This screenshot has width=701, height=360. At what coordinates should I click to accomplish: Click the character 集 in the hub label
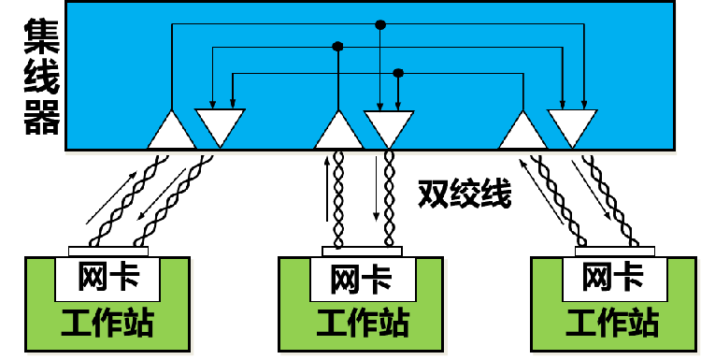(42, 37)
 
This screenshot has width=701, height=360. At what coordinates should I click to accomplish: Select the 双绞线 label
(465, 195)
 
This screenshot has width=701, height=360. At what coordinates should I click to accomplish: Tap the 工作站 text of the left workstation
(107, 324)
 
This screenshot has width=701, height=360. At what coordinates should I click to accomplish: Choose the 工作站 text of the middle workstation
(362, 324)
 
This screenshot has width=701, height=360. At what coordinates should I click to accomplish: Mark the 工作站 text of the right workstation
(612, 324)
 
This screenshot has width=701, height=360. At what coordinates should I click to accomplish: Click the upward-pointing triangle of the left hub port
(172, 132)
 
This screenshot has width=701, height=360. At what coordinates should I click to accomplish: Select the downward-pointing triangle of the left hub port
(220, 124)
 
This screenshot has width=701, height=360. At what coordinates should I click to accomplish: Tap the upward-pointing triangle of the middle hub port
(338, 132)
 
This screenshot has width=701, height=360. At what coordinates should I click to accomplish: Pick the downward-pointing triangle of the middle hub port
(387, 124)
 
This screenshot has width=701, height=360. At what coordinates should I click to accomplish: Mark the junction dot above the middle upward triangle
(338, 46)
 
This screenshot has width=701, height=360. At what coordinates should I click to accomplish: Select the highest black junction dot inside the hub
(379, 25)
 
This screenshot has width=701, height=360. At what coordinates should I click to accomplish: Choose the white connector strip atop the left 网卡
(108, 251)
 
